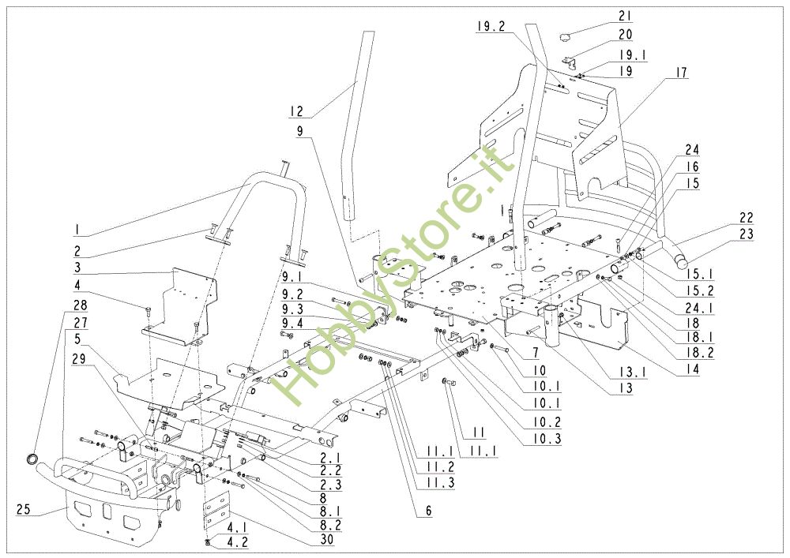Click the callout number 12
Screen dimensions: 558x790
[298, 111]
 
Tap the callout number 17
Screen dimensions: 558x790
[680, 73]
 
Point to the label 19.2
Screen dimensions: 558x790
[491, 26]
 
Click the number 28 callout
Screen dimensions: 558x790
[81, 305]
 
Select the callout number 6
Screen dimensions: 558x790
[428, 511]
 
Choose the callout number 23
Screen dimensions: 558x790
[747, 234]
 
